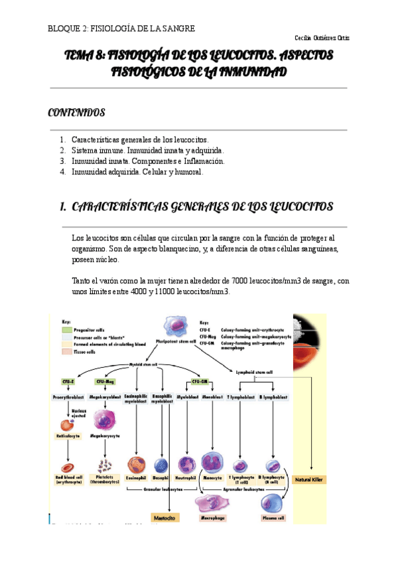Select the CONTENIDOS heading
click(x=76, y=112)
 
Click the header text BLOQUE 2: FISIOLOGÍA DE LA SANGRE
click(x=121, y=28)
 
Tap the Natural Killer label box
click(x=310, y=479)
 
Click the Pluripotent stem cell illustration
click(x=179, y=329)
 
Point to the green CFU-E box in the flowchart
click(x=68, y=382)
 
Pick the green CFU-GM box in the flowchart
click(x=200, y=382)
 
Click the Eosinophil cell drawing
click(x=137, y=463)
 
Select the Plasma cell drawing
click(x=272, y=503)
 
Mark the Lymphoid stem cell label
click(x=255, y=372)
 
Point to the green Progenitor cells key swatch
click(x=67, y=329)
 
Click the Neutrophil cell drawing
click(x=185, y=463)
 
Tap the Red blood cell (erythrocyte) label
click(x=68, y=479)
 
